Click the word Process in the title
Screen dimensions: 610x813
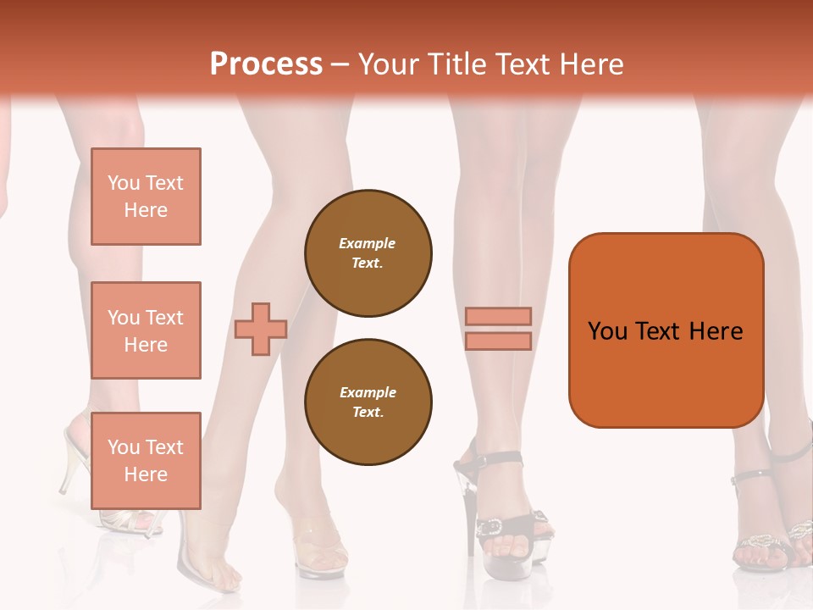click(x=266, y=64)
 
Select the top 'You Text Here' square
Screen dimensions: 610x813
click(x=146, y=197)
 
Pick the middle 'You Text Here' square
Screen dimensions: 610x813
click(x=146, y=330)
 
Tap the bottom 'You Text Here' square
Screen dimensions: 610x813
click(x=146, y=461)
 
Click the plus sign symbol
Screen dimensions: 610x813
click(x=261, y=329)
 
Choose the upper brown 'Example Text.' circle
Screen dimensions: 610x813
click(x=368, y=253)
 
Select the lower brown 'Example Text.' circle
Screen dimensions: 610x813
click(x=368, y=402)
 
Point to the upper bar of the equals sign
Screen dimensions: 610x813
click(x=499, y=316)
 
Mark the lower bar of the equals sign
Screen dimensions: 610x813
click(x=499, y=341)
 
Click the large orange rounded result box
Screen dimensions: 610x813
click(x=666, y=330)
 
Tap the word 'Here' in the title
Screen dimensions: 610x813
click(x=593, y=64)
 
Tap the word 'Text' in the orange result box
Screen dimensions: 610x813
click(x=659, y=331)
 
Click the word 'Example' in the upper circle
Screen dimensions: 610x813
click(x=367, y=243)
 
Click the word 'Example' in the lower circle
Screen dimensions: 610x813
click(x=368, y=392)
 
